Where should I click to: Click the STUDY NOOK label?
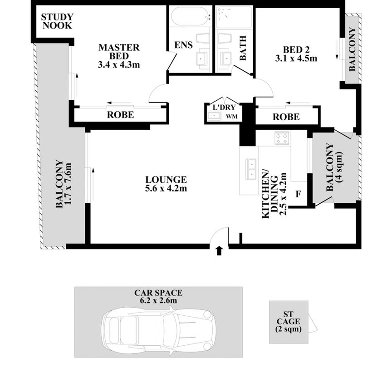coord(57,21)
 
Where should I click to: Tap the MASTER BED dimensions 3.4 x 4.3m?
coord(118,64)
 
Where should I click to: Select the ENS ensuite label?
coord(184,45)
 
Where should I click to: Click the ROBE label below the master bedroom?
coord(120,115)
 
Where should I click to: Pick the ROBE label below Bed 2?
coord(286,117)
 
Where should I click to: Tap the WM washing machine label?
coord(231,117)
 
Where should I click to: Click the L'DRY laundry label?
coord(222,108)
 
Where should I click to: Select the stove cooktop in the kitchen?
coord(281,137)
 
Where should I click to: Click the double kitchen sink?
coord(250,169)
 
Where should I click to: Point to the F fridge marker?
coord(299,195)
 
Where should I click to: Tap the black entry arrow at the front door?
coord(220,250)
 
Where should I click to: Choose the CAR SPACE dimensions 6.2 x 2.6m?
coord(158,300)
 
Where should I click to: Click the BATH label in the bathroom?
coord(243,49)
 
